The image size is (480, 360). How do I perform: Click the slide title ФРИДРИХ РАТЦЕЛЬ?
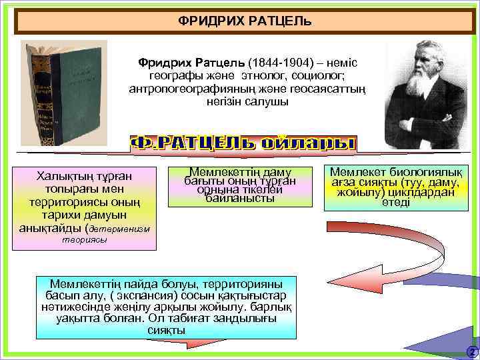245,21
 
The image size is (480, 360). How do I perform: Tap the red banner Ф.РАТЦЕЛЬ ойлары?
243,143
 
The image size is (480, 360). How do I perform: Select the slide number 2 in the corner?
471,351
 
